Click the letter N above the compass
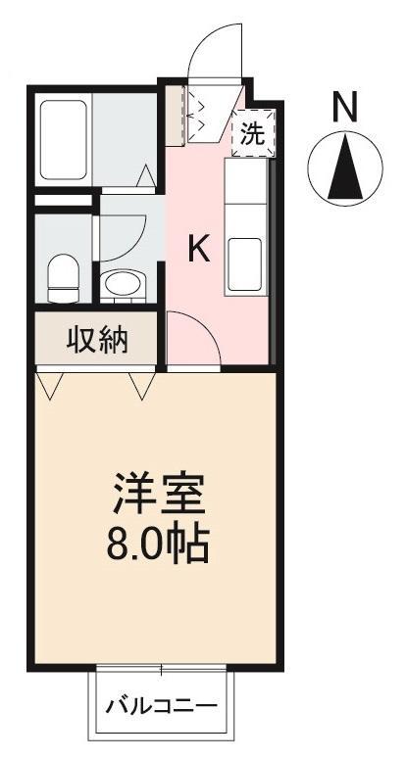coord(344,107)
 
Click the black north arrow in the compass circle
coord(344,167)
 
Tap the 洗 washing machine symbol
coord(253,135)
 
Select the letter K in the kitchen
coord(199,250)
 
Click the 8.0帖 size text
coord(157,545)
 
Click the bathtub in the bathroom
coord(66,139)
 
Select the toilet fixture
coord(64,277)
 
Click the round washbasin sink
coord(124,286)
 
